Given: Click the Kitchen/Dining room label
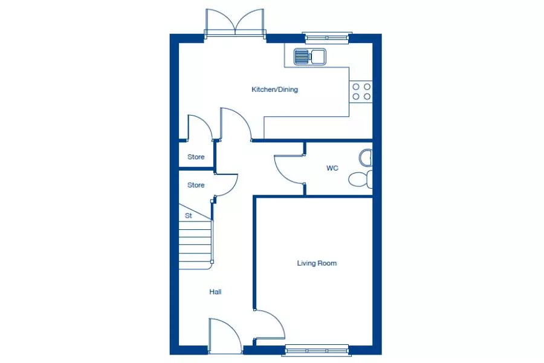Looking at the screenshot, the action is [x=274, y=90].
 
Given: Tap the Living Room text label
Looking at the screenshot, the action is [x=317, y=263].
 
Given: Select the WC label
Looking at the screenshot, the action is [x=332, y=168].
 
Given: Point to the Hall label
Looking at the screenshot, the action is [x=215, y=292].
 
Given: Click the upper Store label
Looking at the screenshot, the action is [x=196, y=157].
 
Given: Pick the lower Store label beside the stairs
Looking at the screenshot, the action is [x=196, y=185].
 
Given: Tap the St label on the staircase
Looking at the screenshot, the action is [x=189, y=216].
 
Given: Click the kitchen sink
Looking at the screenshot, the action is [x=310, y=57].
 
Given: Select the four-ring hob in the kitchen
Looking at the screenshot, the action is [x=361, y=91].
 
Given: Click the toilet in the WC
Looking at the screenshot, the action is [x=360, y=180].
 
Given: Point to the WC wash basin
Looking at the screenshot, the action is [x=365, y=158].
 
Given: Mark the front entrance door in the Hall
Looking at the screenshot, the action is [x=225, y=335].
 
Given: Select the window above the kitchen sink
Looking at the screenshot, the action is [x=326, y=38].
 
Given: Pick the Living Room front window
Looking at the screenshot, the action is [x=316, y=350].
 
